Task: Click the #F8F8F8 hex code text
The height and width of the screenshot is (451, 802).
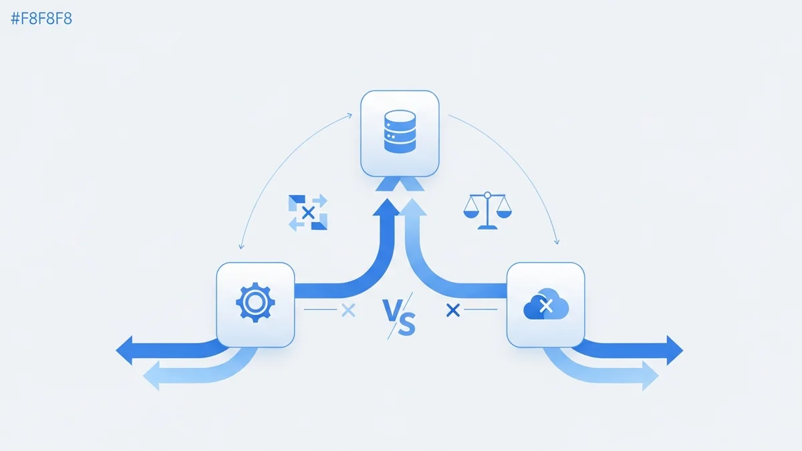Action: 41,19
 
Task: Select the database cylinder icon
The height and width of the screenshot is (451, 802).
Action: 400,132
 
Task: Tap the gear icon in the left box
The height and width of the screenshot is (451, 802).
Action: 255,304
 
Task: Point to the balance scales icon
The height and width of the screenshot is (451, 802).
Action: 485,210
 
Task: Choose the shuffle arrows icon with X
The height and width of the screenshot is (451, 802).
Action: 307,212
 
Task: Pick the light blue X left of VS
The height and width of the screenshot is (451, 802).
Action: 348,310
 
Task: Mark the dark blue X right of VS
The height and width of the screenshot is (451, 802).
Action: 453,309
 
